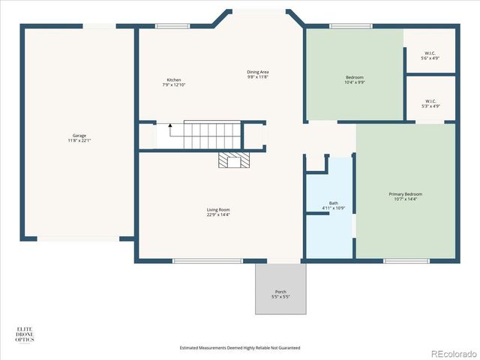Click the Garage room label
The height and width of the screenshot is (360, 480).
point(79,136)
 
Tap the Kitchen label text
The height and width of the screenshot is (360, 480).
point(173,80)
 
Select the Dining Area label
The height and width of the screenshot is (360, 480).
point(257,72)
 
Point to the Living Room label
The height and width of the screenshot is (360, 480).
point(218,209)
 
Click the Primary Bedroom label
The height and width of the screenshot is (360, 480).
point(406,194)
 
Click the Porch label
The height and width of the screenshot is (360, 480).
point(280,292)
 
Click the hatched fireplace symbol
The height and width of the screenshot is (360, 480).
point(234,160)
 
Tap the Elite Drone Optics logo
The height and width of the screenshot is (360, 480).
point(25,334)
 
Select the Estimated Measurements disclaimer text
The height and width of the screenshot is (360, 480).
point(240,348)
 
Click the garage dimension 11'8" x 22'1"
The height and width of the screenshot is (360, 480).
point(79,140)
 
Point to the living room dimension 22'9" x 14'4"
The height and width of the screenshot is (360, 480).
point(218,214)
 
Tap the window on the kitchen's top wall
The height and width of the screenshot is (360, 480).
point(166,26)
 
